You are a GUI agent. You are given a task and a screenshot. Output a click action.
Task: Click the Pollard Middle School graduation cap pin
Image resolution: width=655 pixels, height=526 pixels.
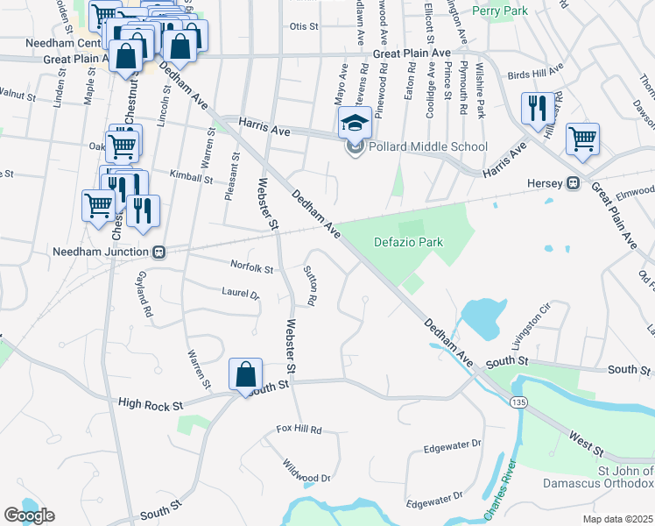(354, 123)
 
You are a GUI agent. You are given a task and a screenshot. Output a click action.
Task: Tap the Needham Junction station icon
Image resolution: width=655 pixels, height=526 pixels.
(159, 252)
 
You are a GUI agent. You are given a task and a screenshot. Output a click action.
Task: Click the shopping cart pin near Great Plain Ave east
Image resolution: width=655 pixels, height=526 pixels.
(582, 138)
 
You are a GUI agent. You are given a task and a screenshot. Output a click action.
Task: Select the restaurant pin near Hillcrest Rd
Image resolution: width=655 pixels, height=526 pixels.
(537, 108)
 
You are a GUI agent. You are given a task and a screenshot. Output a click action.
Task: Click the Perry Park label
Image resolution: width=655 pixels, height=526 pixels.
(497, 11)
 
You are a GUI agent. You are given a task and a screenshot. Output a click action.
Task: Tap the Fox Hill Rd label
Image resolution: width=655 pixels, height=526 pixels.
(299, 430)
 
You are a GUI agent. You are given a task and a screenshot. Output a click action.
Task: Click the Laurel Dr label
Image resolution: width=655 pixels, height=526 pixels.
(241, 295)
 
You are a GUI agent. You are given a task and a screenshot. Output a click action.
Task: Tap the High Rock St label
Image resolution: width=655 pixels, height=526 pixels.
(151, 404)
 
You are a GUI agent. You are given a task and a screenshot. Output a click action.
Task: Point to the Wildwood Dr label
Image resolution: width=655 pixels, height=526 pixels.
(306, 472)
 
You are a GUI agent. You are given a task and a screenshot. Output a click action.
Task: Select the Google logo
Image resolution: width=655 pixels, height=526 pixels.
(29, 515)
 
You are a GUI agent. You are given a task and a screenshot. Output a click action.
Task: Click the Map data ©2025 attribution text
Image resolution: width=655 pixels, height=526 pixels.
(618, 519)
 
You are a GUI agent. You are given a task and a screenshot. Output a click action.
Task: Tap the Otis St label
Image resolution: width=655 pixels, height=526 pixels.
(304, 26)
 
